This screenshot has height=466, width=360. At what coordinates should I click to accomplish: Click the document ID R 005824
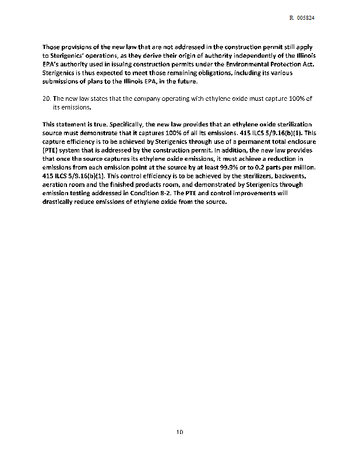(x=302, y=18)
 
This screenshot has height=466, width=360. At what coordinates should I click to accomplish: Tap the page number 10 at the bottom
(x=180, y=432)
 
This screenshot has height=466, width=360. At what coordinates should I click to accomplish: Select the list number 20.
(x=47, y=99)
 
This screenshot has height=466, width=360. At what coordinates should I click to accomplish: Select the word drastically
(x=61, y=202)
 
